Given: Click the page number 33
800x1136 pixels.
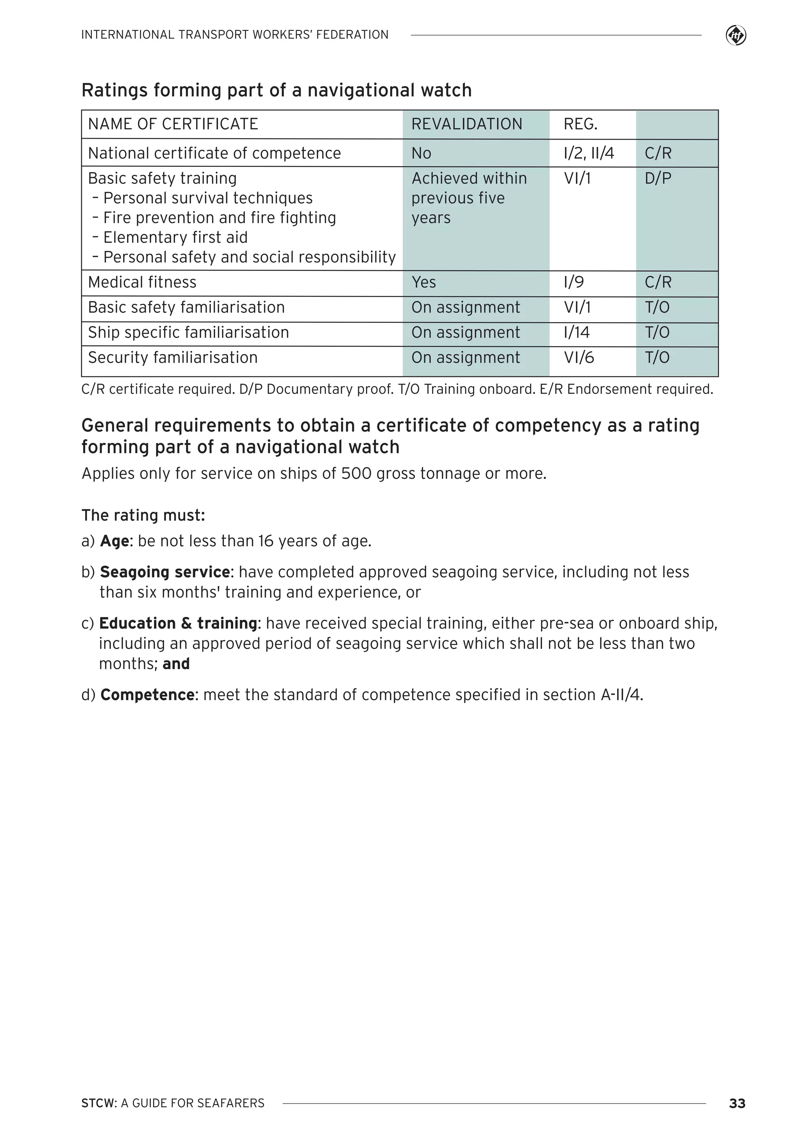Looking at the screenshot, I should pos(737,1103).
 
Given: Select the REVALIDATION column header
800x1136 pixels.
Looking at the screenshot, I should pos(466,124).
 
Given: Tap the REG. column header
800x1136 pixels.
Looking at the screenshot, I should pos(580,124).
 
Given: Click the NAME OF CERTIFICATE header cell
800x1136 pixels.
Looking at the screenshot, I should pos(173,124).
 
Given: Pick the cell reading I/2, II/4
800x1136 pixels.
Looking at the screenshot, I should pos(588,153).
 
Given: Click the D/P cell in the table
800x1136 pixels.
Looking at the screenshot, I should pos(657,178).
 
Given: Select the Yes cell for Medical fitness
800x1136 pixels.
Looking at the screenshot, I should pos(424,283).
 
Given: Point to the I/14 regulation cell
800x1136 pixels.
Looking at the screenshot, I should pos(577,333).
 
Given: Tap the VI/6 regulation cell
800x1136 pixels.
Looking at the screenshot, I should pos(579,358).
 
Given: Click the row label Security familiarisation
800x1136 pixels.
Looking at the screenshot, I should pos(173,358).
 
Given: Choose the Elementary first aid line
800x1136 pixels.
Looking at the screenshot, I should pos(175,238).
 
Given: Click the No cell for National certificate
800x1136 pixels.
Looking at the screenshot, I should pos(421,153).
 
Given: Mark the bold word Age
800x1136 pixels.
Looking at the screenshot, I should pos(115,541).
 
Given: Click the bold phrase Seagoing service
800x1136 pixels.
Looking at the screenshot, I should pos(164,572).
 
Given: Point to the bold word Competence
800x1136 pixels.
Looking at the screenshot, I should pos(147,695).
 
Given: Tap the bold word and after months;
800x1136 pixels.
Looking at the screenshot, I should pos(176,664).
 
